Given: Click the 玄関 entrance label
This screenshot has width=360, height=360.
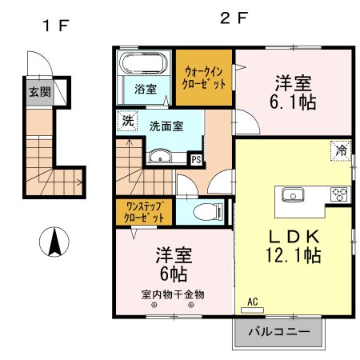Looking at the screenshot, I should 39,92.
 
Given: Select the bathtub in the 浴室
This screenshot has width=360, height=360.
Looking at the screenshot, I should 142,63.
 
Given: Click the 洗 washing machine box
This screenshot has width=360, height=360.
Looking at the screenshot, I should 128,122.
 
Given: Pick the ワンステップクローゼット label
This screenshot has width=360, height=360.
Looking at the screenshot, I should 145,212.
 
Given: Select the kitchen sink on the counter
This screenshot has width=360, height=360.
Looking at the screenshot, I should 290,194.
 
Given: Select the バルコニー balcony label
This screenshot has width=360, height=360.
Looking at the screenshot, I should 279,331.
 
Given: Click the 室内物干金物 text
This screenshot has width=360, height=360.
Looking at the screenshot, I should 173,294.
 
